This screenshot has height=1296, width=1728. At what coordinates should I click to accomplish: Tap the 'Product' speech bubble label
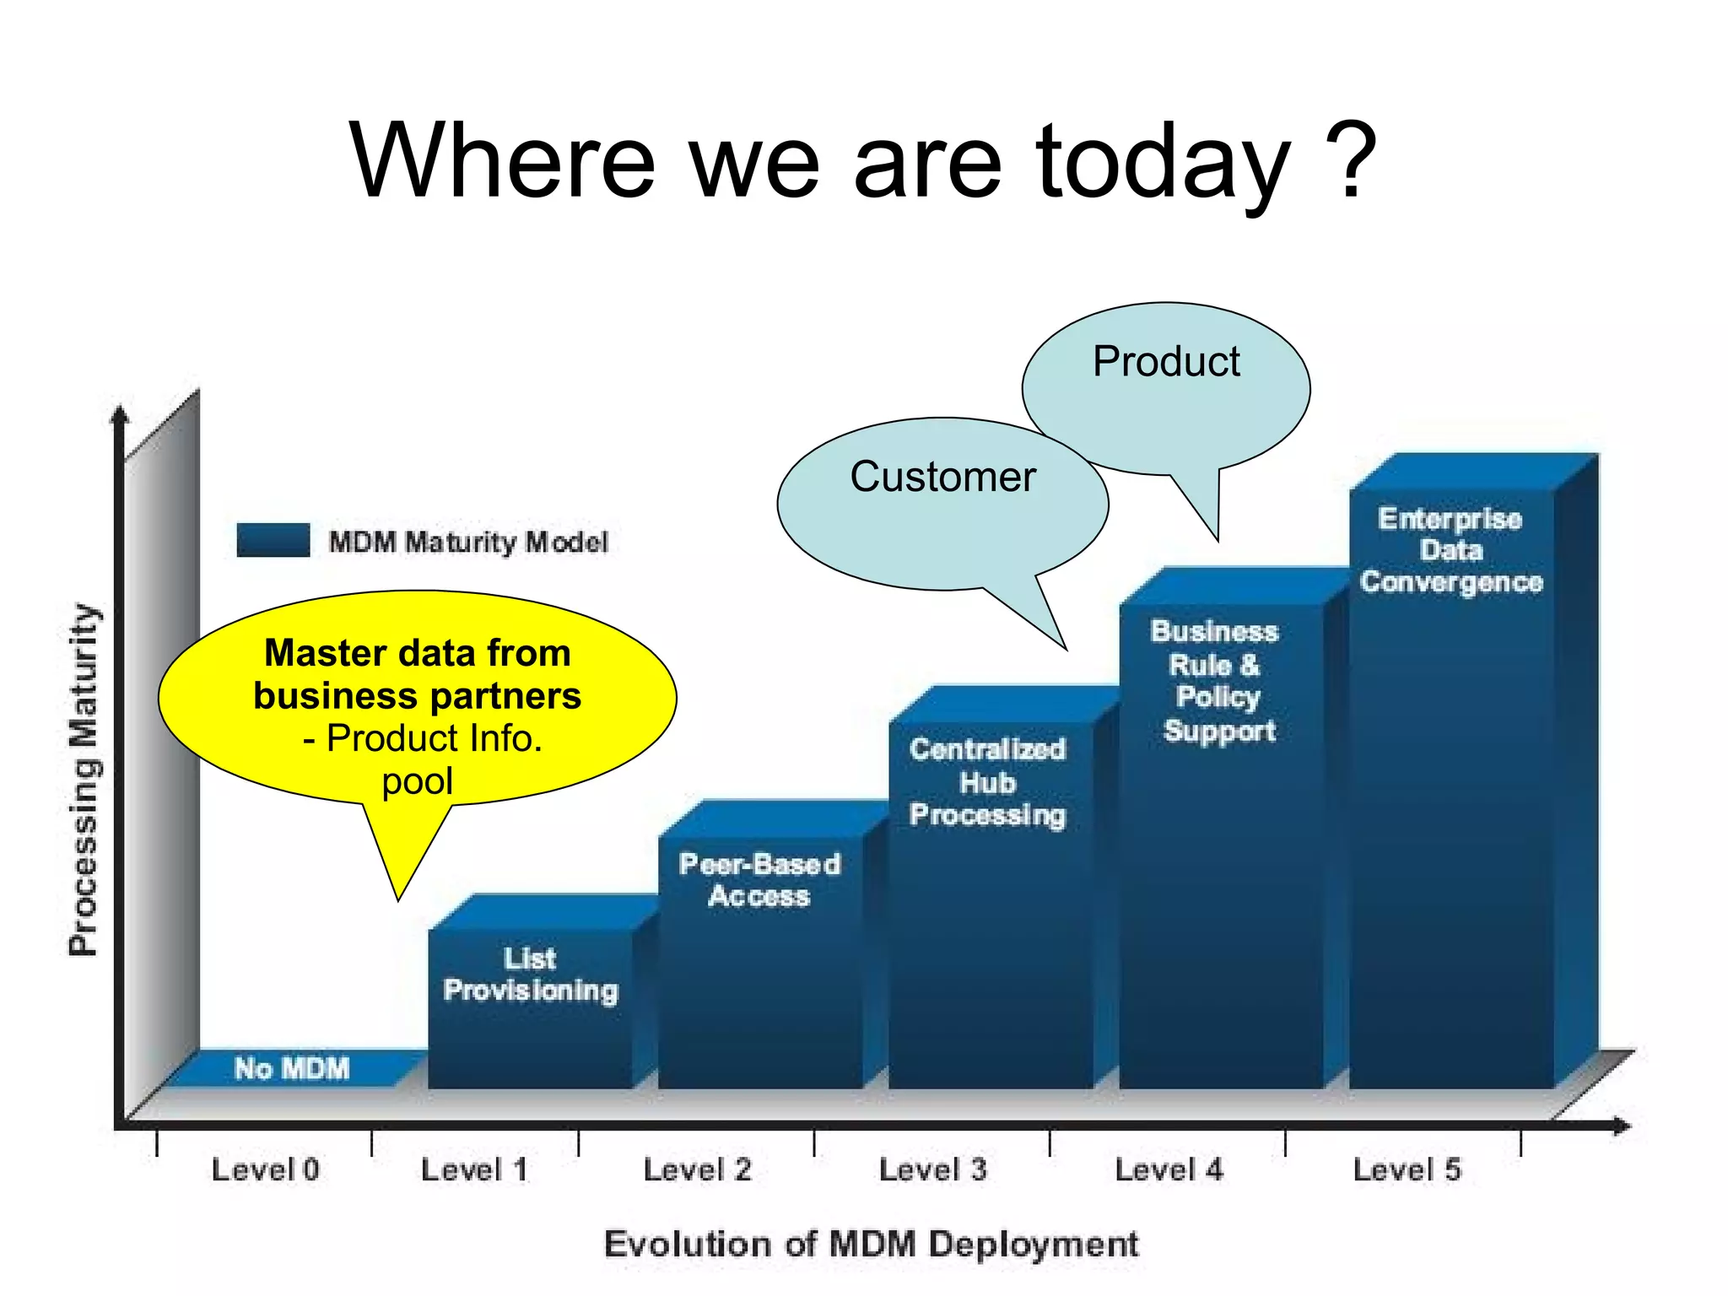pyautogui.click(x=1166, y=362)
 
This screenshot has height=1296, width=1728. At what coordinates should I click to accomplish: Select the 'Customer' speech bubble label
pyautogui.click(x=942, y=477)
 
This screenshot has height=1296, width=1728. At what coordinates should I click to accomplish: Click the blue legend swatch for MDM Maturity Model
pyautogui.click(x=273, y=540)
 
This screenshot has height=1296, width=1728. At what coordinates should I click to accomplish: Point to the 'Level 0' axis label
pyautogui.click(x=265, y=1169)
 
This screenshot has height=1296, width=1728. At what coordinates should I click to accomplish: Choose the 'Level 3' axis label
pyautogui.click(x=932, y=1169)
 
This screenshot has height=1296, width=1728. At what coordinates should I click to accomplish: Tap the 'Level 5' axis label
pyautogui.click(x=1407, y=1169)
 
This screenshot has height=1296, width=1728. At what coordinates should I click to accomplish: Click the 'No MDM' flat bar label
pyautogui.click(x=291, y=1068)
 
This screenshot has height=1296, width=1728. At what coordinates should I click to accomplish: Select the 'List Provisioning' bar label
pyautogui.click(x=531, y=975)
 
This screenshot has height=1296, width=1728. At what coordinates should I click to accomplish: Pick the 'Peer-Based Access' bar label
pyautogui.click(x=759, y=880)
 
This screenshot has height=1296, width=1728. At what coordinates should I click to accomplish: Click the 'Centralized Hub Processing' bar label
pyautogui.click(x=987, y=782)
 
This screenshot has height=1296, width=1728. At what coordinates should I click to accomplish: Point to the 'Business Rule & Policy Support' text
pyautogui.click(x=1215, y=681)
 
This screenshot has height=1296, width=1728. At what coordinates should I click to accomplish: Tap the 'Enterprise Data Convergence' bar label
pyautogui.click(x=1450, y=550)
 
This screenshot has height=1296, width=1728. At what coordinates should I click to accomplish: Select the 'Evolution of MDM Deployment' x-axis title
pyautogui.click(x=872, y=1245)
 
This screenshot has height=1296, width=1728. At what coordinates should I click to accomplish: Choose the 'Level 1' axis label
pyautogui.click(x=474, y=1169)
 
